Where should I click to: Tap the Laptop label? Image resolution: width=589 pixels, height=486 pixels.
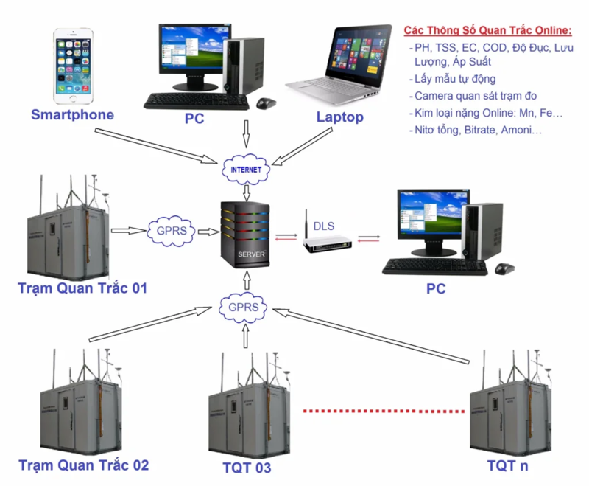pyautogui.click(x=339, y=117)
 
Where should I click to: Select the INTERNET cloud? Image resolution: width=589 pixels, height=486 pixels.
pyautogui.click(x=246, y=169)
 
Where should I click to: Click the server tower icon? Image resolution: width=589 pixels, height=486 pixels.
pyautogui.click(x=246, y=234)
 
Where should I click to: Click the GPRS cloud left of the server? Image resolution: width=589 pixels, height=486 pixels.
pyautogui.click(x=172, y=229)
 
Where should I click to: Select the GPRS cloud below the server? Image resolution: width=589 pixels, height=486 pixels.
pyautogui.click(x=245, y=306)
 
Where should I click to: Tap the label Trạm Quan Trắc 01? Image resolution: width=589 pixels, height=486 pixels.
pyautogui.click(x=82, y=288)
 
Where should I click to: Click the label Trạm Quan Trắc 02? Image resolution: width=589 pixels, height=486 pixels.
pyautogui.click(x=83, y=465)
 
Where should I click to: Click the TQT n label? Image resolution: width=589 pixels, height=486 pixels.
pyautogui.click(x=507, y=466)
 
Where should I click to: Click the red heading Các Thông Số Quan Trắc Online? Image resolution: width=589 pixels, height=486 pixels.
pyautogui.click(x=487, y=30)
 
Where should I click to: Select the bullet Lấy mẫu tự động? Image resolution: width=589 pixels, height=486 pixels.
pyautogui.click(x=454, y=79)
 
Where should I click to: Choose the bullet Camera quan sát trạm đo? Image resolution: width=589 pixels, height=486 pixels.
pyautogui.click(x=475, y=96)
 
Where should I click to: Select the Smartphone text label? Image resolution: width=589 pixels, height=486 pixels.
pyautogui.click(x=72, y=114)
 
